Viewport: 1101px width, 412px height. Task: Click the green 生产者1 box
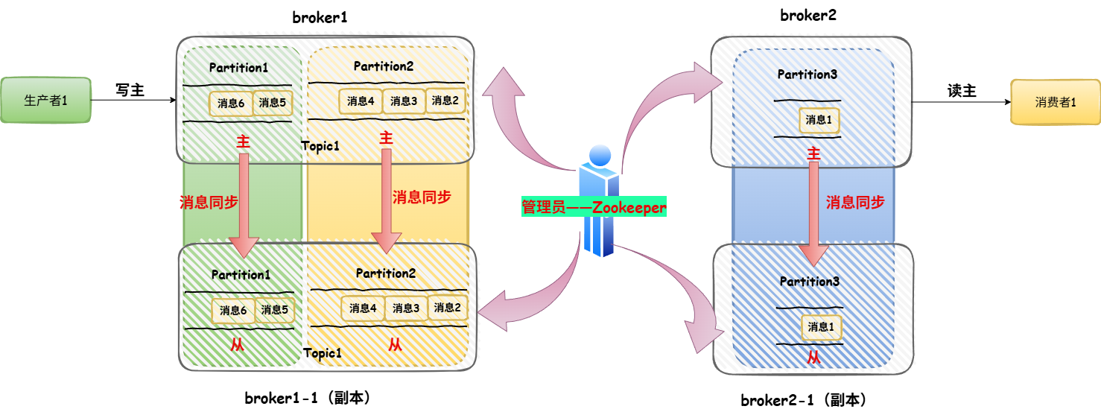click(x=45, y=100)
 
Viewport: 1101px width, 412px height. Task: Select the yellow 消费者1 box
click(x=1055, y=101)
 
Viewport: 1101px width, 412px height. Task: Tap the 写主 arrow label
click(x=130, y=90)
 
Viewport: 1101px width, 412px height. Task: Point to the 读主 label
click(x=962, y=90)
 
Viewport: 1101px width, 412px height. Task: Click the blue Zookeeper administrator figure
click(x=599, y=201)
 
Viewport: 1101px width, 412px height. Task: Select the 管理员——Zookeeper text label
click(x=594, y=207)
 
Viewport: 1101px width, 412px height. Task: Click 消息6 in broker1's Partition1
click(x=232, y=103)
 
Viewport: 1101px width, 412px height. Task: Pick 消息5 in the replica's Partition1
click(x=275, y=310)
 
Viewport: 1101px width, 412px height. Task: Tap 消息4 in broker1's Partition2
click(x=361, y=101)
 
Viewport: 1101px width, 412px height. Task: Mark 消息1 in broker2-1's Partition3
click(x=822, y=326)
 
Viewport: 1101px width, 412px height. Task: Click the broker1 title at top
click(x=320, y=17)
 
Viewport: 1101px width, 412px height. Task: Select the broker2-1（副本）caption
click(x=804, y=400)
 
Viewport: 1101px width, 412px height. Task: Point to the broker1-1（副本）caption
click(x=308, y=398)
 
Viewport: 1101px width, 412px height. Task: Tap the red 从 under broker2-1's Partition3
click(x=813, y=358)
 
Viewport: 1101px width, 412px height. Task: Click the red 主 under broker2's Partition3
click(x=813, y=153)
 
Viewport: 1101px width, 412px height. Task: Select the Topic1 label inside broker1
click(x=320, y=146)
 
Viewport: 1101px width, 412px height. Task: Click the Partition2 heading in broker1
click(x=384, y=66)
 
